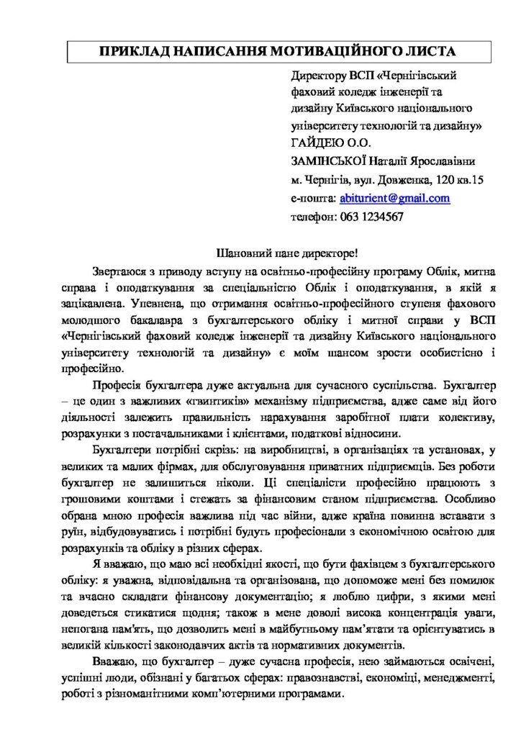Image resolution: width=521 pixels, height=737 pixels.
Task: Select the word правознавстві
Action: [317, 679]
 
